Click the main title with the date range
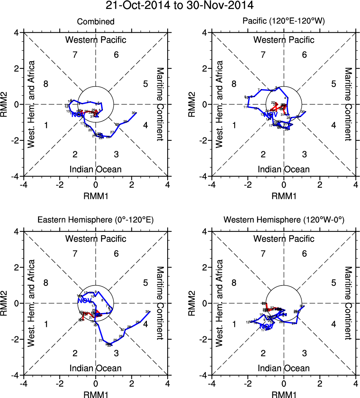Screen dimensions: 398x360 point(180,6)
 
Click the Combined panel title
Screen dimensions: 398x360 point(96,22)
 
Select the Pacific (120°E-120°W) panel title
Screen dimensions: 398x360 point(284,22)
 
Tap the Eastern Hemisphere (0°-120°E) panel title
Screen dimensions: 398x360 point(96,221)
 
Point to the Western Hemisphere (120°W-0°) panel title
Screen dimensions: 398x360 point(284,221)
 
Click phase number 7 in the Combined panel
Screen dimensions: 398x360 point(75,55)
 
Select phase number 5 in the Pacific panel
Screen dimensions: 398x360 point(333,84)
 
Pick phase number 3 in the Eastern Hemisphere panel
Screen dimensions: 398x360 point(116,353)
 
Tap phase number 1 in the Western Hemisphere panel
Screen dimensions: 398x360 point(234,324)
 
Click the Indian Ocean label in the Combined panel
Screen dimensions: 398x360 point(96,169)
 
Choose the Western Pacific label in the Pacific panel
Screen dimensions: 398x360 point(284,39)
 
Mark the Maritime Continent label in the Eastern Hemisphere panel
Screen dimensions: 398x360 point(160,303)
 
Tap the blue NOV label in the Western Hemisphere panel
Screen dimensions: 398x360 point(266,327)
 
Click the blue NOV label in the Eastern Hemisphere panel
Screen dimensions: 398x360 point(84,300)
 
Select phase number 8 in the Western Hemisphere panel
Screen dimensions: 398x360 point(234,283)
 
